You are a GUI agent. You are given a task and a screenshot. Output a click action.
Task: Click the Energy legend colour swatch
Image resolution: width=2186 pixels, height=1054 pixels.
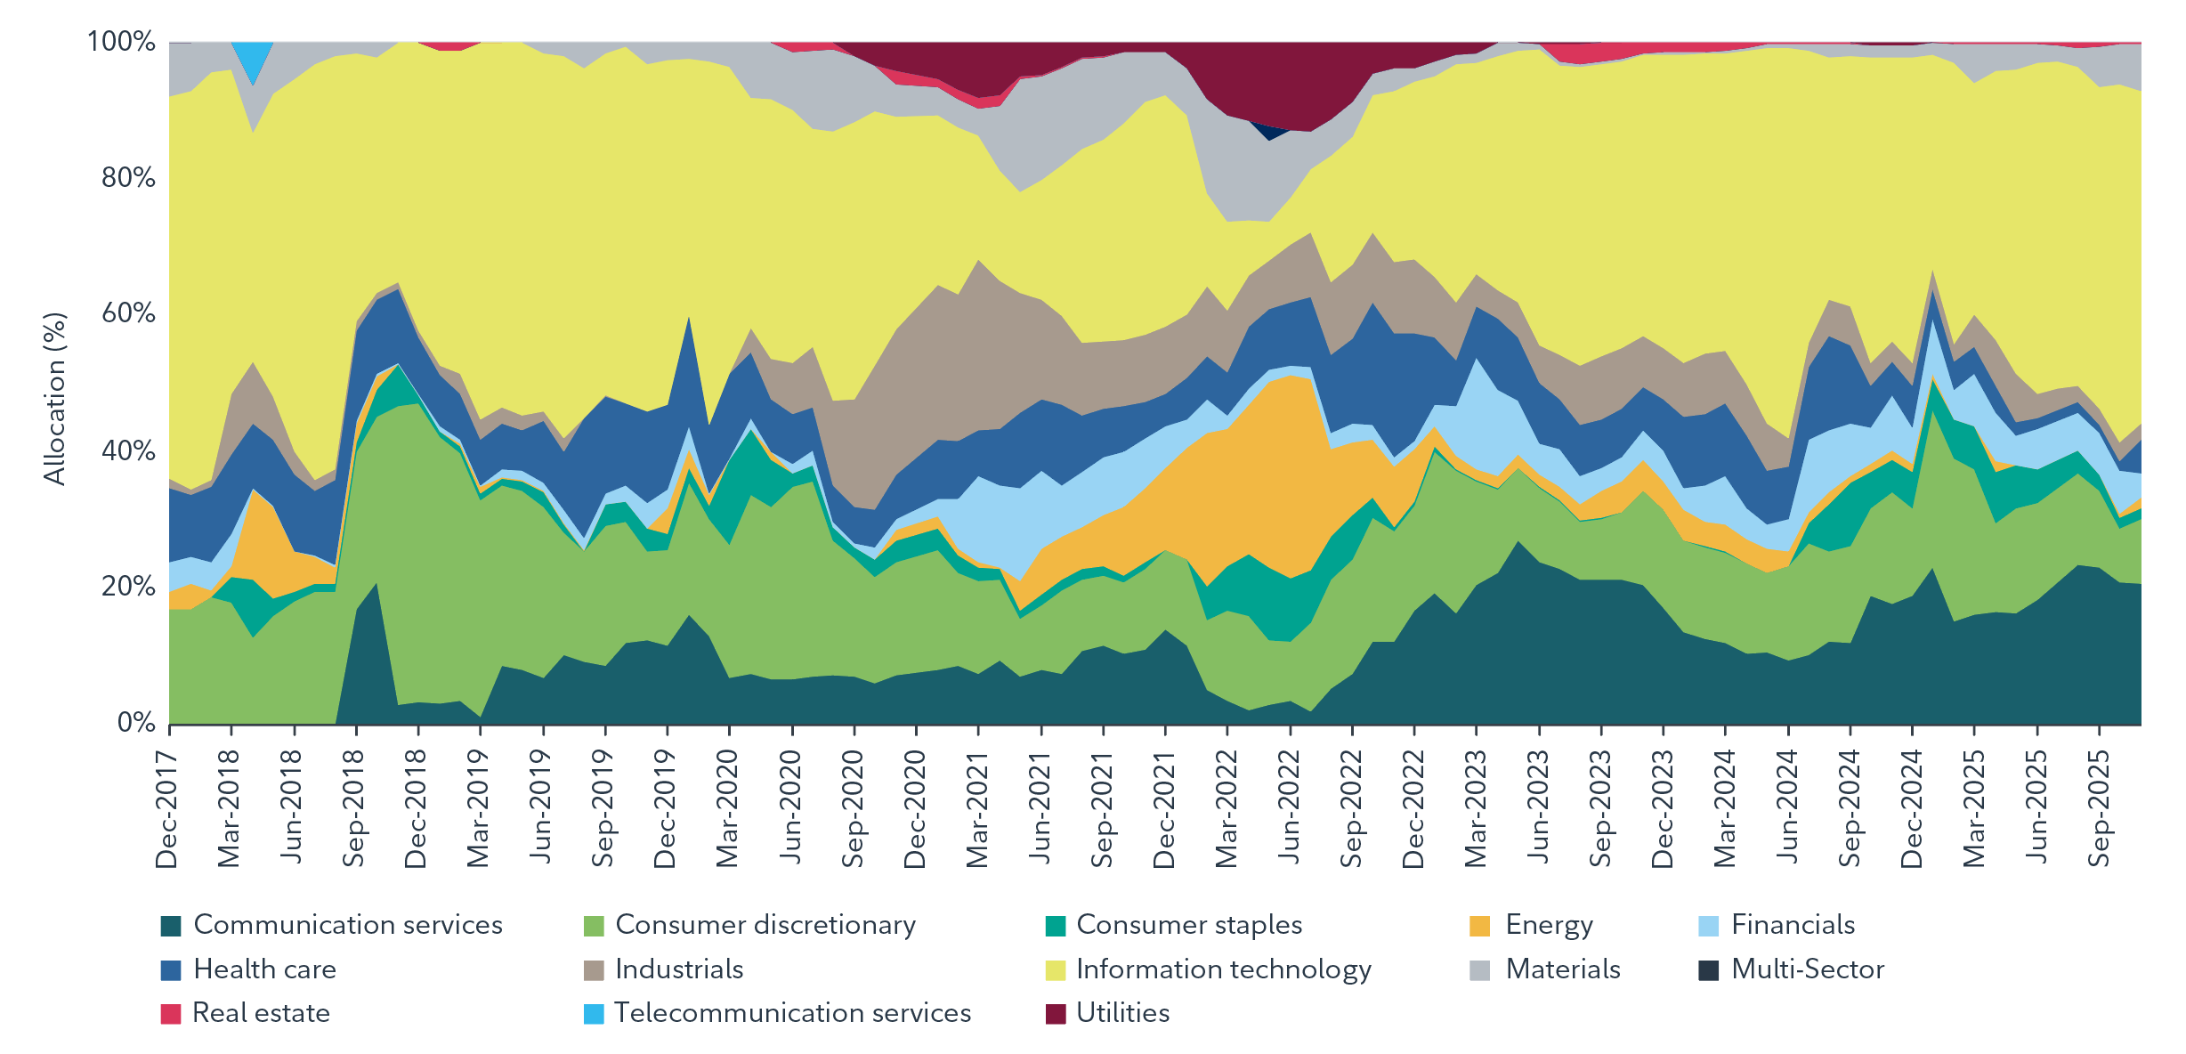point(1479,926)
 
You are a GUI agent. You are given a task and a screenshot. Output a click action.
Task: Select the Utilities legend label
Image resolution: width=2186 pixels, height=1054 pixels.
point(1122,1013)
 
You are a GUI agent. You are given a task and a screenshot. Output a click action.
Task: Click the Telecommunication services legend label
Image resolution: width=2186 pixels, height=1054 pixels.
point(792,1013)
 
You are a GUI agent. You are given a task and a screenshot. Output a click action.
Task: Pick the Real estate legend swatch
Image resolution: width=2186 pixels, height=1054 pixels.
point(171,1013)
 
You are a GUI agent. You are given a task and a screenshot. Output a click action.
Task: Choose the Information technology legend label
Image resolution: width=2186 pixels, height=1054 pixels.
point(1224,969)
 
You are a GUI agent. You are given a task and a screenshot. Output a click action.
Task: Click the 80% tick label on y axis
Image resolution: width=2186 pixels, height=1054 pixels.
point(128,178)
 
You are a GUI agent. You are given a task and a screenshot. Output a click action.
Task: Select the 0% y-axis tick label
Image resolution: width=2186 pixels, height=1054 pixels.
point(136,723)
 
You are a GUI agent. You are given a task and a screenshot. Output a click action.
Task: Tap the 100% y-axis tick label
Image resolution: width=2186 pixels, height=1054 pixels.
point(121,42)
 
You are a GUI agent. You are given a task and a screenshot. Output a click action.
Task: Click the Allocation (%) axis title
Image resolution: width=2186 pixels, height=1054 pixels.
point(55,399)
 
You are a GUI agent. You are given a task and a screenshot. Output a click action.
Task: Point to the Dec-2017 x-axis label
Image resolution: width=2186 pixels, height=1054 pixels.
point(167,809)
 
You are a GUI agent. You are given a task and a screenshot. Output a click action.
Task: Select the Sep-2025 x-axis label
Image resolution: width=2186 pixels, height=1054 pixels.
point(2099,809)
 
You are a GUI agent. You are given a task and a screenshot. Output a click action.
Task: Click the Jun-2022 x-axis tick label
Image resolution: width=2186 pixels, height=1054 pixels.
point(1289,809)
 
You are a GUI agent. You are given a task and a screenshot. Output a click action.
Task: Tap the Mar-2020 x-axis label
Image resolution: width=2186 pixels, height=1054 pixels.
point(728,809)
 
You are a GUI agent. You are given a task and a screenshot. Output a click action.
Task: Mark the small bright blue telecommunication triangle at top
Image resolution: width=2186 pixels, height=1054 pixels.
point(253,57)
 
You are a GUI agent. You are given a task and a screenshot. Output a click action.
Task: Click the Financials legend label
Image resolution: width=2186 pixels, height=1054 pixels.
point(1793,926)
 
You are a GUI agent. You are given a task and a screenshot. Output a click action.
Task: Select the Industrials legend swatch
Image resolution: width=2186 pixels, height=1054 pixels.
point(593,969)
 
